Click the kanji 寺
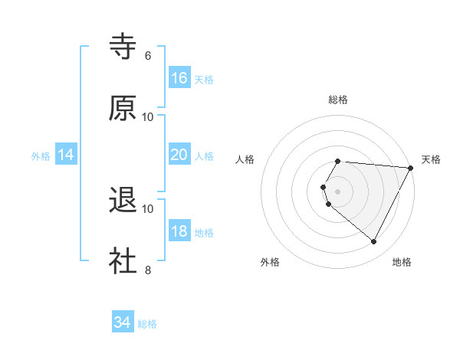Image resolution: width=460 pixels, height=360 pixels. click(123, 47)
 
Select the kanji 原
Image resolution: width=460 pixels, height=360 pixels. click(123, 108)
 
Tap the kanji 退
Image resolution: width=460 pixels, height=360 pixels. click(123, 201)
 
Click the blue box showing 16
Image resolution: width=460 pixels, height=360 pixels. click(179, 78)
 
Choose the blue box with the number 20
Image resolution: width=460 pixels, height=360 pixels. click(179, 155)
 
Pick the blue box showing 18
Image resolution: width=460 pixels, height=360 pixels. click(179, 231)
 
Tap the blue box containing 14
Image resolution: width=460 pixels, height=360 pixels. click(66, 155)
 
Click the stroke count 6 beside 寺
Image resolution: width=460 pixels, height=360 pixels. click(148, 56)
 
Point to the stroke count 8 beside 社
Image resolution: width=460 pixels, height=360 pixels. click(148, 270)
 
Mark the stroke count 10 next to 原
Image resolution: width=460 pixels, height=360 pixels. click(148, 116)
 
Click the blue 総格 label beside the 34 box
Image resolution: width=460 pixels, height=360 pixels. click(148, 324)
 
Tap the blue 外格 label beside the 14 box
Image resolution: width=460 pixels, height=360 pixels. click(41, 155)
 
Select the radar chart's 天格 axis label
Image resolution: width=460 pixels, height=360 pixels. click(431, 159)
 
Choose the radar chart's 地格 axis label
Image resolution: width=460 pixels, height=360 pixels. click(402, 262)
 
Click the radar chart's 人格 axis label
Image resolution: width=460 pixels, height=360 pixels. click(245, 159)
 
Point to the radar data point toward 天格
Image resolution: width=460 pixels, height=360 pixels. click(411, 168)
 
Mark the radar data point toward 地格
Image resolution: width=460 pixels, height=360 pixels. click(374, 242)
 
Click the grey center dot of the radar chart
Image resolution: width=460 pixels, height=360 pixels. click(338, 191)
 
